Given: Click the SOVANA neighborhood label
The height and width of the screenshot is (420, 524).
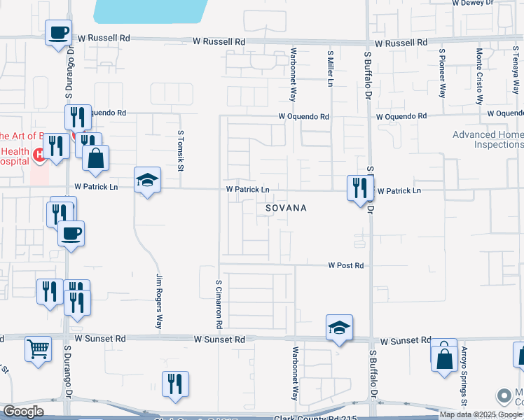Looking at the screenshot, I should [285, 209].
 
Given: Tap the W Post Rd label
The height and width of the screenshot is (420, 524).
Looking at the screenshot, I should [346, 265].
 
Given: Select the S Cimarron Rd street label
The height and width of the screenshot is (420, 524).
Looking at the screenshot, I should [219, 304].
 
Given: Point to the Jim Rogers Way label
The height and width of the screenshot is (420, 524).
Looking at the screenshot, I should [160, 302].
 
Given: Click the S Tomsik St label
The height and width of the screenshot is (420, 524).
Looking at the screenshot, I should [180, 150].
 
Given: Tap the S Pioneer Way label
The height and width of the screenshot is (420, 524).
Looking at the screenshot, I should [442, 72].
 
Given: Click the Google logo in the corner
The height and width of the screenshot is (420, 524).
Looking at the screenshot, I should [23, 412].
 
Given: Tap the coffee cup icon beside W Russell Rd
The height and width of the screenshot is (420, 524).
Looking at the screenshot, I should [59, 32].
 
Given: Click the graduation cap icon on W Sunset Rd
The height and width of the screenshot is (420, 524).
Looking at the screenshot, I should [339, 328].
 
